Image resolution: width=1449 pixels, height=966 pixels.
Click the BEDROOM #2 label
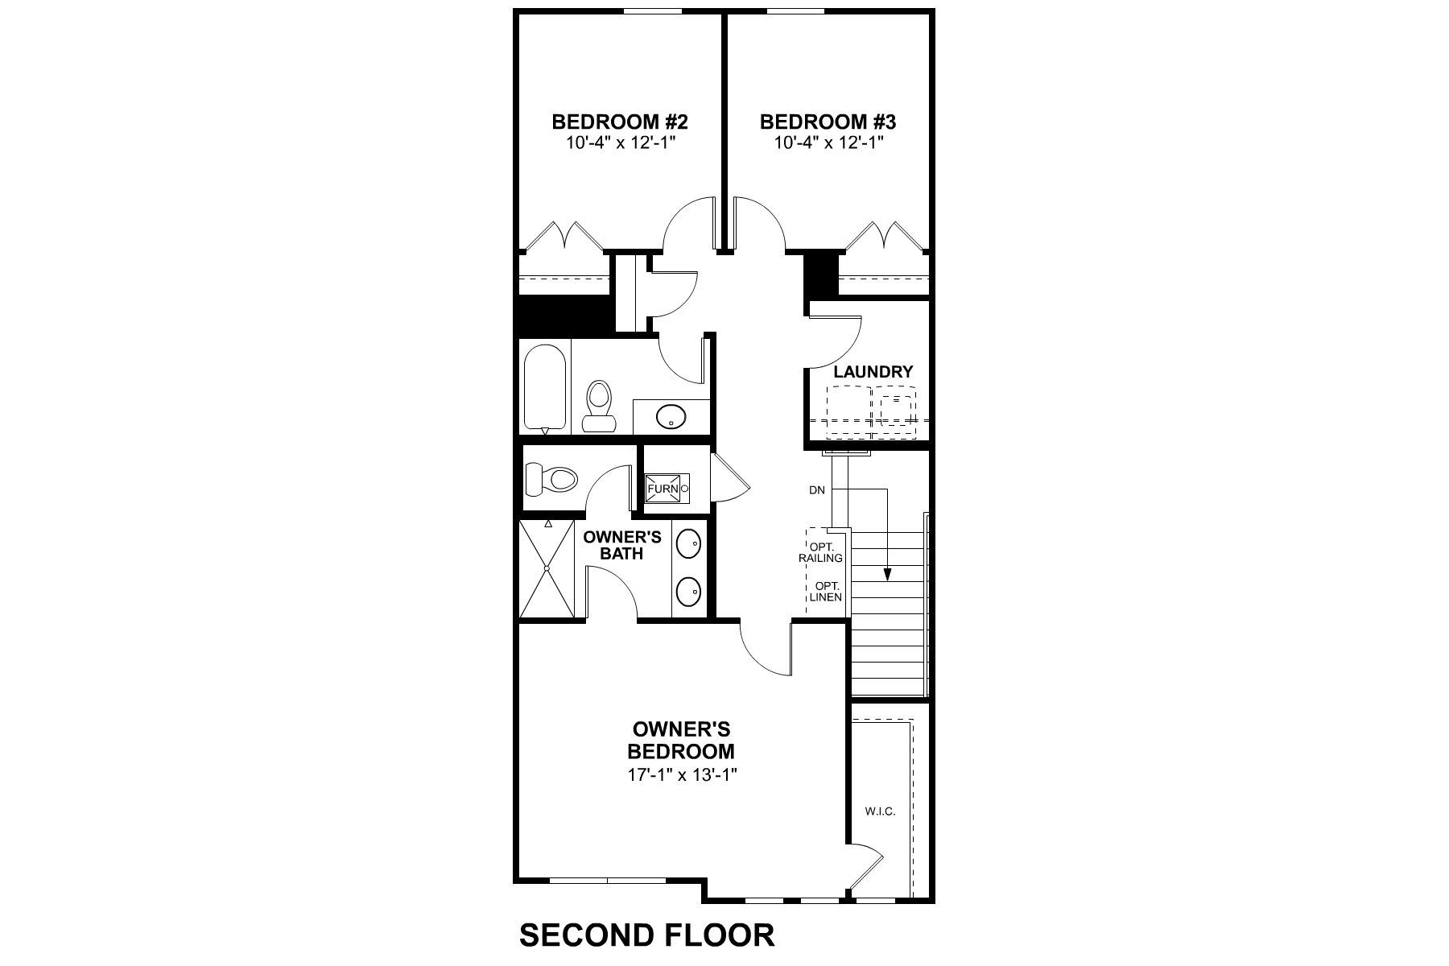pyautogui.click(x=619, y=122)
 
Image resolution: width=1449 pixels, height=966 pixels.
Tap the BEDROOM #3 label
pyautogui.click(x=828, y=122)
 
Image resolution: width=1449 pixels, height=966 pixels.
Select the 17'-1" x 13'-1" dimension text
pyautogui.click(x=683, y=774)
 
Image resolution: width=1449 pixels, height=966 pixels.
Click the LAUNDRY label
pyautogui.click(x=873, y=372)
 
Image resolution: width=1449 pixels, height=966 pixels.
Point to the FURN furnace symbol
pyautogui.click(x=665, y=488)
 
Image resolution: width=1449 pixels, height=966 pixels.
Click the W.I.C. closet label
pyautogui.click(x=880, y=811)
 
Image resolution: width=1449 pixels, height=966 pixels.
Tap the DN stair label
pyautogui.click(x=817, y=489)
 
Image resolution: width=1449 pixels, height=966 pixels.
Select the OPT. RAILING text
pyautogui.click(x=821, y=552)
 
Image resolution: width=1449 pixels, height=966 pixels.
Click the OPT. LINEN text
pyautogui.click(x=825, y=592)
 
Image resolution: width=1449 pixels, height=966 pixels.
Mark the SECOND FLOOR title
pyautogui.click(x=646, y=935)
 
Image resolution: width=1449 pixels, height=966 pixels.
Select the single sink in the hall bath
pyautogui.click(x=670, y=417)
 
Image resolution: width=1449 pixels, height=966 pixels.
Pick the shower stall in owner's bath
pyautogui.click(x=547, y=568)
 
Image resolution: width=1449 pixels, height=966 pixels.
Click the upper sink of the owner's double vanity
pyautogui.click(x=688, y=544)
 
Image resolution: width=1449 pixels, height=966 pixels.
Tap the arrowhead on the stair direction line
pyautogui.click(x=887, y=574)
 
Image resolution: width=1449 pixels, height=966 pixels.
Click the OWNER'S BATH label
pyautogui.click(x=621, y=545)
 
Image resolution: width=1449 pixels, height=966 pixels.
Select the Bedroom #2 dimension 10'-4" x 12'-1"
pyautogui.click(x=619, y=144)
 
